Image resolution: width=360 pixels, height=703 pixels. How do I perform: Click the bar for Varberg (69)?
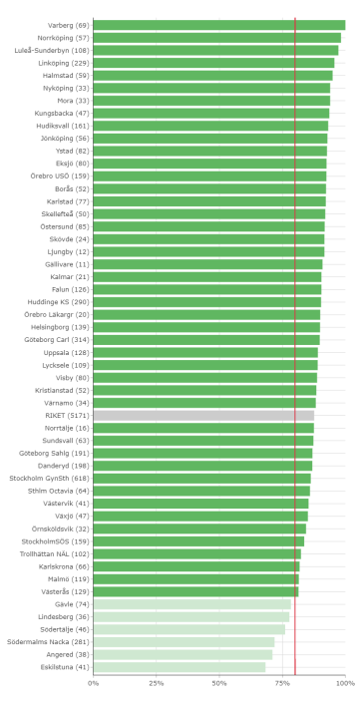pos(219,25)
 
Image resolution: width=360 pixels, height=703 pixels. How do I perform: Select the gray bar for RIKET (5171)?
pos(203,415)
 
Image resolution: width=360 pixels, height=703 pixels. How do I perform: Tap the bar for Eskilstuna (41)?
pos(180,667)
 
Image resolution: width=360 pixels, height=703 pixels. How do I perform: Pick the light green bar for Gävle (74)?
pos(191,604)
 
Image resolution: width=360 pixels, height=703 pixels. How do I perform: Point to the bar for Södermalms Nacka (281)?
pos(183,642)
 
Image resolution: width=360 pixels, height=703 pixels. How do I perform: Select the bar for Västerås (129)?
pos(195,591)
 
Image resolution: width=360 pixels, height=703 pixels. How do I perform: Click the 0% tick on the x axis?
pos(94,683)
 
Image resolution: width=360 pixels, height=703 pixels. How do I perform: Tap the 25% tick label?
pos(157,683)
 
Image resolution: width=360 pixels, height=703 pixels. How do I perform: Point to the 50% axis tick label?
pos(219,683)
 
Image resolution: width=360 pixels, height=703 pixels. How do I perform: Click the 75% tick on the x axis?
pos(282,683)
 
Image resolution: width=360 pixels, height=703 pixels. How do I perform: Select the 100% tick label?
pos(344,683)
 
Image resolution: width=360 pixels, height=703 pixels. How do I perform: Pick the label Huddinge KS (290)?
pos(58,301)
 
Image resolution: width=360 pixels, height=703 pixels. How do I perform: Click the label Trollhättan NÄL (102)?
pos(55,553)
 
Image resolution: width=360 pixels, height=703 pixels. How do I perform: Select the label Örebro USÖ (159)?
pos(60,176)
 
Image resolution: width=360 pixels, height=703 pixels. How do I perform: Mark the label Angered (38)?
pos(68,654)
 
